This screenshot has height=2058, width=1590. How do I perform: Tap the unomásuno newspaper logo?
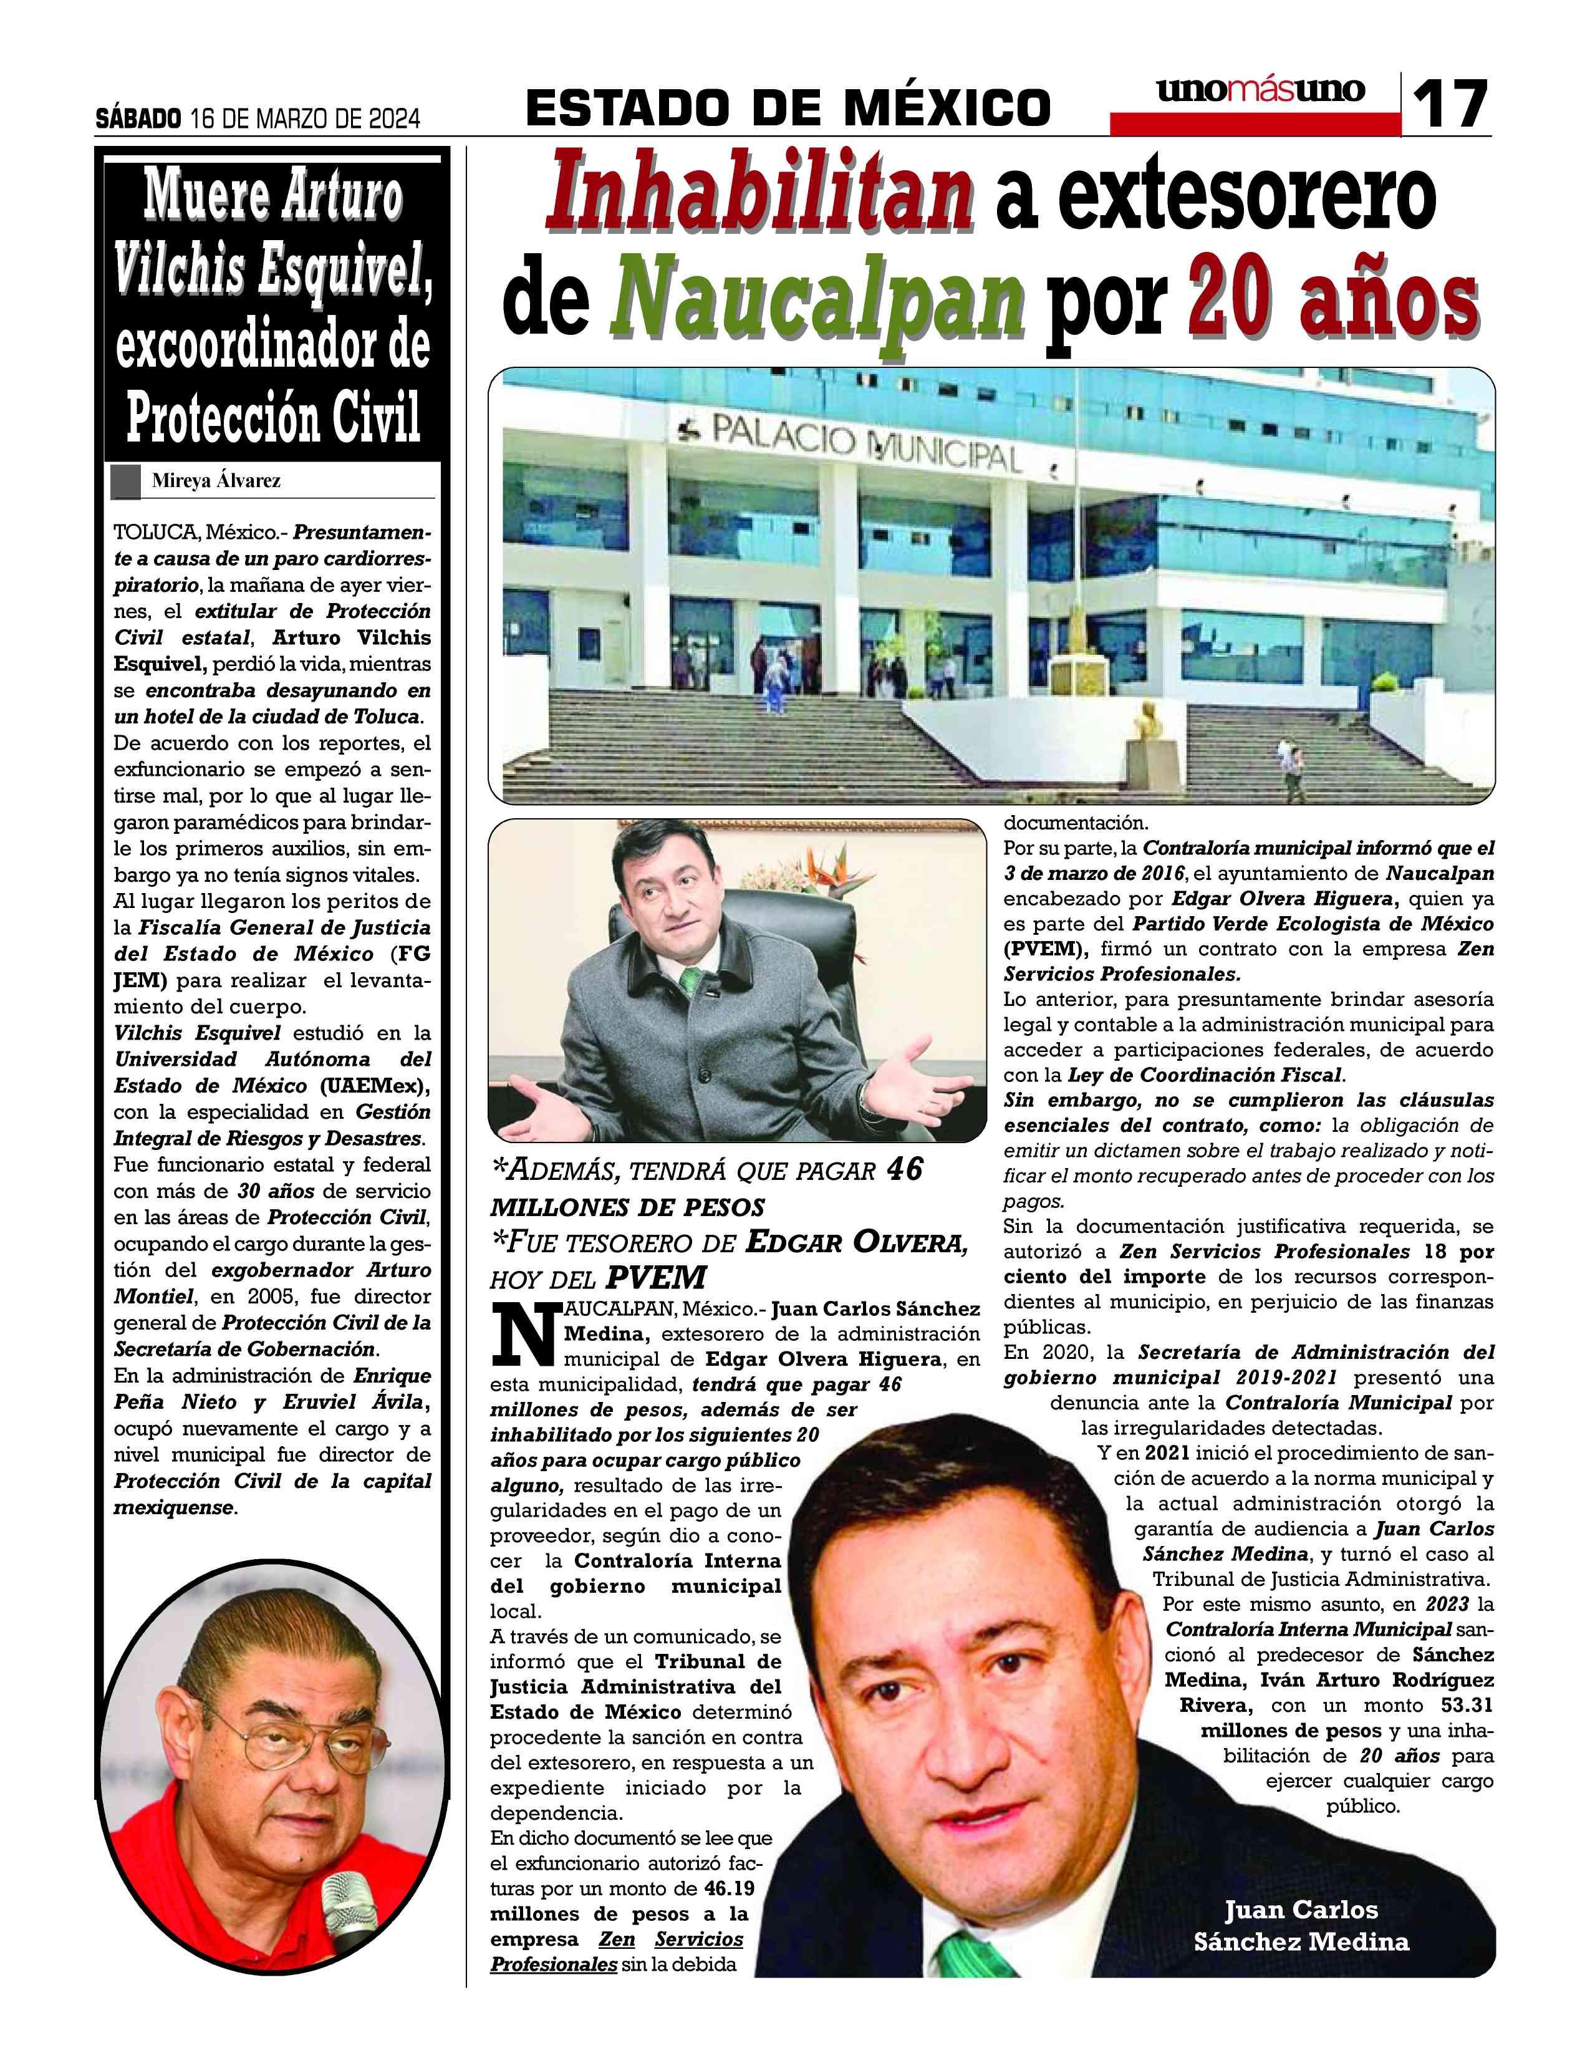(x=1260, y=90)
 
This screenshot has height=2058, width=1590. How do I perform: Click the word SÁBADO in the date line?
(x=138, y=118)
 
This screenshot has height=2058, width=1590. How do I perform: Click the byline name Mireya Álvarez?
(x=216, y=481)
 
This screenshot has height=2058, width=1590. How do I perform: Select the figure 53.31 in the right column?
(x=1467, y=1704)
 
